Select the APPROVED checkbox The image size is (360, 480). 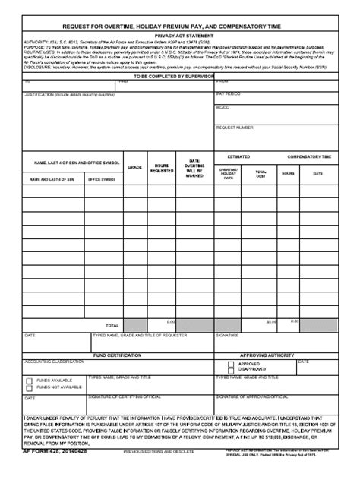click(x=221, y=364)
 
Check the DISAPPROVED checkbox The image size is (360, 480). click(x=221, y=370)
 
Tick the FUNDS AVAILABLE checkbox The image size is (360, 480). click(x=30, y=379)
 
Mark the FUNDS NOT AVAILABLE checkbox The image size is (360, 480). click(x=30, y=387)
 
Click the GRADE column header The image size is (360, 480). click(x=134, y=166)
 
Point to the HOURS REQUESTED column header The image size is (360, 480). click(x=162, y=168)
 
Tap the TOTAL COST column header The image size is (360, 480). click(x=261, y=174)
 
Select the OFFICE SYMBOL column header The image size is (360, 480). click(x=102, y=179)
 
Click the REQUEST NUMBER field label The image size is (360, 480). click(x=235, y=128)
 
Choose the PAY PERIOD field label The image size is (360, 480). click(x=228, y=94)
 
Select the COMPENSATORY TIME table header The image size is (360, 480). click(x=308, y=156)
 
